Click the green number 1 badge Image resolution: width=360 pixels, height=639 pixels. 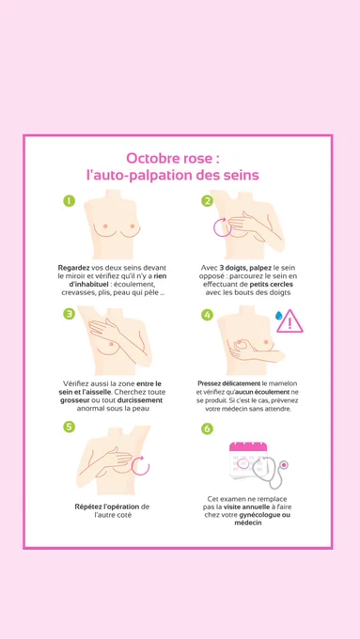coord(69,201)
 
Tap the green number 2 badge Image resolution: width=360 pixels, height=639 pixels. coord(207,201)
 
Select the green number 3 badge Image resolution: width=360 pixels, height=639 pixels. coord(69,313)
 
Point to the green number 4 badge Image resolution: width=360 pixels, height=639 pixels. coord(207,315)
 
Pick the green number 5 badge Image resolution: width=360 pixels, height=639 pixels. coord(69,427)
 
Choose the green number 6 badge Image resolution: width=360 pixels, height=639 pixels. coord(207,429)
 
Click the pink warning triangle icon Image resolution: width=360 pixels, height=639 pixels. coord(290,321)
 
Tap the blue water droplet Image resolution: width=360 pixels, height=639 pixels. coord(279,316)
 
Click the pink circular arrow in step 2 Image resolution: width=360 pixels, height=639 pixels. coord(214,227)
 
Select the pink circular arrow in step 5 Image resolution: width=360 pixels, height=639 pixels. coord(149,465)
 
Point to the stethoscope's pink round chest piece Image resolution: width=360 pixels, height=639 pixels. coord(284,464)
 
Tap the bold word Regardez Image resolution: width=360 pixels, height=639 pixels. coord(74,268)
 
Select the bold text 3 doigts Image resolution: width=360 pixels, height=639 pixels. coord(231,268)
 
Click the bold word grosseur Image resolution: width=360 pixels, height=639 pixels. coord(74,400)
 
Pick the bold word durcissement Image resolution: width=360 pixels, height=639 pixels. coord(139,400)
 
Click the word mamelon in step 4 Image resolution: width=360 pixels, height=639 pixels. coord(283,383)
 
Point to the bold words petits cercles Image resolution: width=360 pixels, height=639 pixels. coord(271,284)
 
